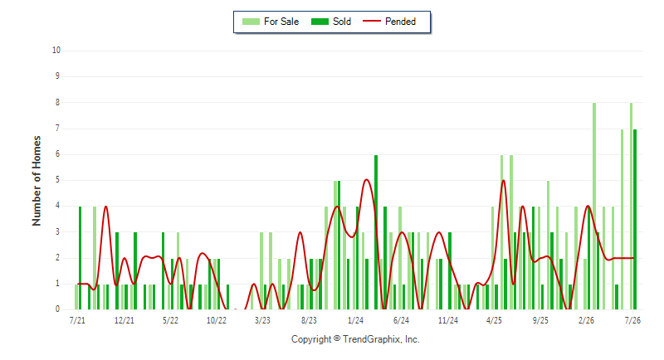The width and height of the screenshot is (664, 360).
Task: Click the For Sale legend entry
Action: tap(271, 22)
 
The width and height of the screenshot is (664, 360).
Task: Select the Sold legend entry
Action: tap(331, 22)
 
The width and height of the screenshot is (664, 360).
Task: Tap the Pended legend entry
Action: tap(389, 22)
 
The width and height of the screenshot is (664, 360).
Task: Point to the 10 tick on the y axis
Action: tap(56, 51)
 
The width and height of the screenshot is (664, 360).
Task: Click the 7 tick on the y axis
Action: tap(57, 129)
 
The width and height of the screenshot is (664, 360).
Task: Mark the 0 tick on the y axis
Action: tap(57, 309)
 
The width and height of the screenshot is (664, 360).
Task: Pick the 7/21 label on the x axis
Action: tap(77, 320)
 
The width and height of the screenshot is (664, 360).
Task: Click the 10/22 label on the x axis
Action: tap(217, 320)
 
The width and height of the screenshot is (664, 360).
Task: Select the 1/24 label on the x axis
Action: tap(355, 320)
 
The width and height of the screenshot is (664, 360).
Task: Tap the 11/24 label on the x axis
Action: tap(448, 320)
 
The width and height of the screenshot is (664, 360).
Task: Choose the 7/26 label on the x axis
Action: tap(632, 320)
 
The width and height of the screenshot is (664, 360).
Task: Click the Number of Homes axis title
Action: tap(37, 181)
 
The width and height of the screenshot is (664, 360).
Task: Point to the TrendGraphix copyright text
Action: tap(355, 339)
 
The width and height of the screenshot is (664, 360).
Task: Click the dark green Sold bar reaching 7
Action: tap(635, 219)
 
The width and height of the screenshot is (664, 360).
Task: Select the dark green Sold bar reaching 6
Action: tap(376, 232)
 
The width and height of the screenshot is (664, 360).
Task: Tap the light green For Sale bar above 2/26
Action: tap(585, 284)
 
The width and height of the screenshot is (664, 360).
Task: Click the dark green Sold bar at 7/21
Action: tap(80, 258)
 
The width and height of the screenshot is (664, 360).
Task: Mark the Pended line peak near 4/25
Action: tap(504, 181)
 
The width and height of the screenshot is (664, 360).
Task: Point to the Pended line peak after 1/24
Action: tap(367, 180)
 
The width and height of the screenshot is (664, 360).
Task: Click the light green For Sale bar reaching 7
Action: tap(622, 219)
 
